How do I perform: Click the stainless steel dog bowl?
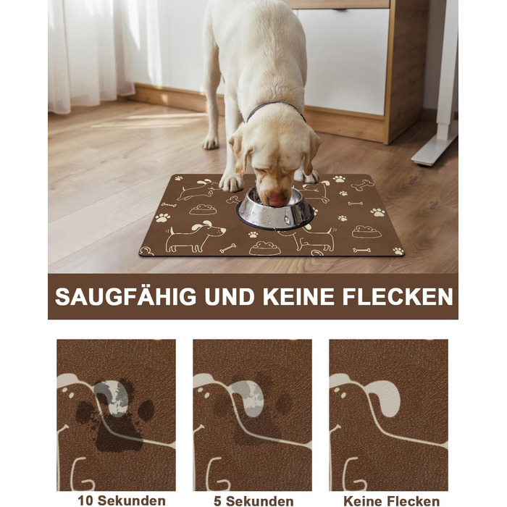[x=275, y=210]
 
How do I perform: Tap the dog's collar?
[x=275, y=109]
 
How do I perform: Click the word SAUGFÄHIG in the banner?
[x=125, y=296]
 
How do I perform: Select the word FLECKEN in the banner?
[x=398, y=296]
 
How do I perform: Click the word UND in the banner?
[x=230, y=296]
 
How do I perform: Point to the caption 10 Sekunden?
[x=122, y=500]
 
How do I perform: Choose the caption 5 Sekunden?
[x=253, y=501]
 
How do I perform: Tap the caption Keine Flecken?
[x=392, y=501]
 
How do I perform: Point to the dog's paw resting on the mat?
[x=232, y=183]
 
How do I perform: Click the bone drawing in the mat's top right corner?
[x=362, y=185]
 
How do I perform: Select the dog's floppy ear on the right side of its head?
[x=311, y=152]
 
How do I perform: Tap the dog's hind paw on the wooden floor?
[x=211, y=142]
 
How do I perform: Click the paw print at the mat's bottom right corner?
[x=398, y=251]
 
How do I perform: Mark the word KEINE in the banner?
[x=298, y=296]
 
